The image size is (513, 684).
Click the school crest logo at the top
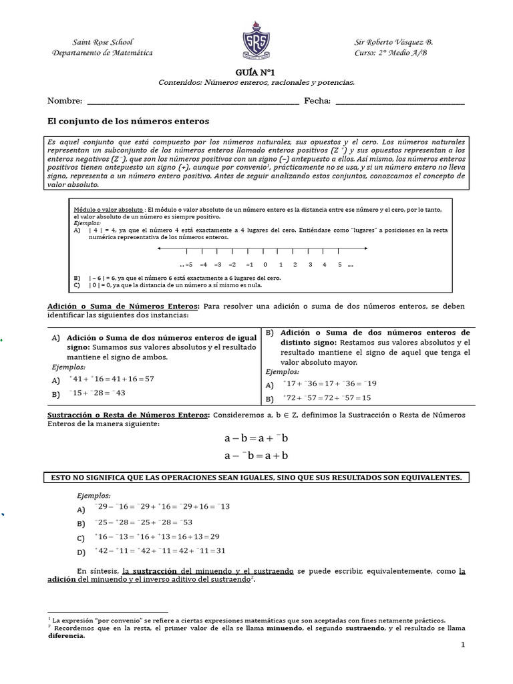(256, 42)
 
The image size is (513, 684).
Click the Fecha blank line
(399, 102)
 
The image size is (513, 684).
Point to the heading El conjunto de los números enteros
(128, 122)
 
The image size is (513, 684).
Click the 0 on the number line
(265, 265)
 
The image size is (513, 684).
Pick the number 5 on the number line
(339, 265)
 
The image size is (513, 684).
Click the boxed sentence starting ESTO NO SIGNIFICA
(256, 478)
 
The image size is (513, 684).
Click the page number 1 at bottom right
(462, 645)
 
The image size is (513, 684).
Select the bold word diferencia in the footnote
(66, 636)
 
